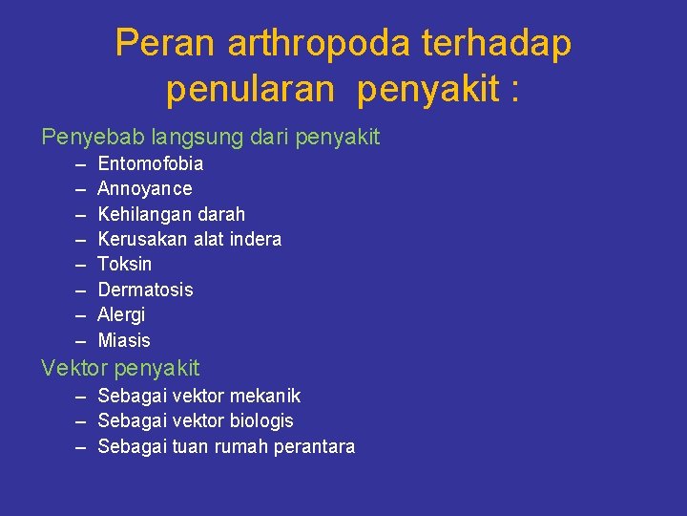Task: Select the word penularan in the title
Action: [250, 90]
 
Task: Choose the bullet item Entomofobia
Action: [151, 163]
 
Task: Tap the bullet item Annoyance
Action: [145, 188]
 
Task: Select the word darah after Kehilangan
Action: [221, 214]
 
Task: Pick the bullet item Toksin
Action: [125, 264]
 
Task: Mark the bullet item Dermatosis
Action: [145, 290]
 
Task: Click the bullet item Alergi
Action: [122, 314]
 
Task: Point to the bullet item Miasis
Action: [124, 340]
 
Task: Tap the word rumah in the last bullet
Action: [241, 446]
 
